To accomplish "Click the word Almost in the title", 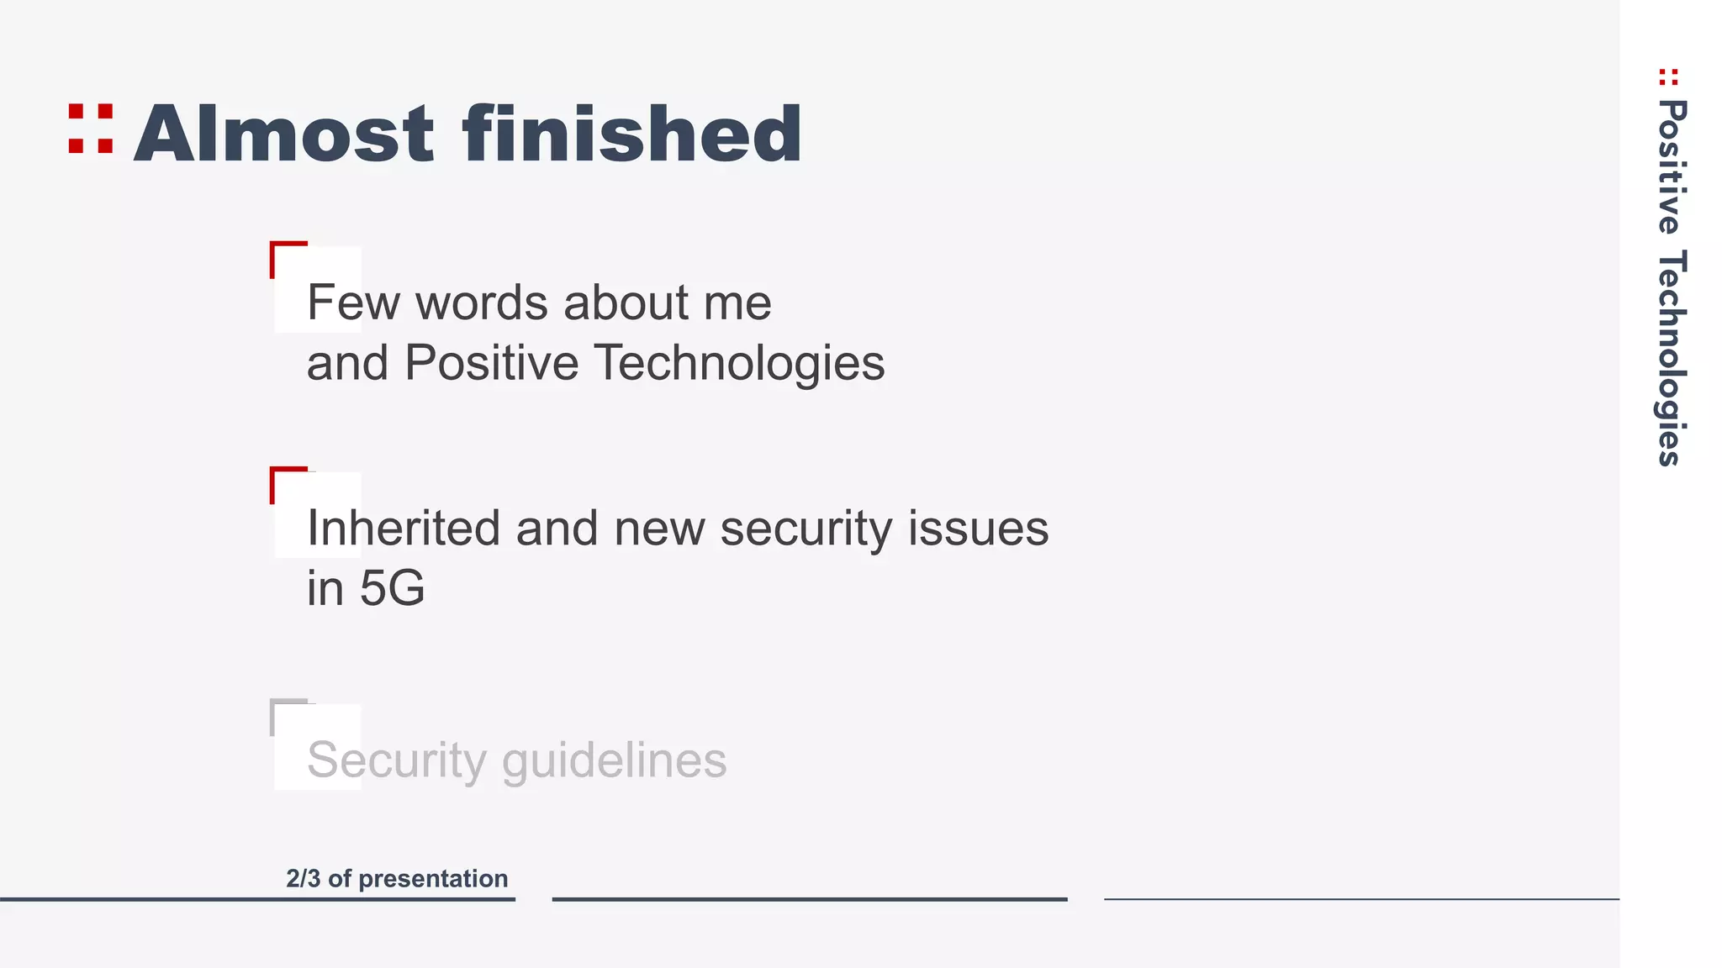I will pyautogui.click(x=284, y=134).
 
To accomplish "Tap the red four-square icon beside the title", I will pyautogui.click(x=91, y=129).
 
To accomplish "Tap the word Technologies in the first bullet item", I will pyautogui.click(x=739, y=363).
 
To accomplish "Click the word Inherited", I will pyautogui.click(x=404, y=529).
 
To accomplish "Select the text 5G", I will pyautogui.click(x=392, y=588).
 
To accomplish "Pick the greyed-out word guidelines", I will pyautogui.click(x=614, y=761).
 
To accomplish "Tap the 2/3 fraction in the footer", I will pyautogui.click(x=303, y=879).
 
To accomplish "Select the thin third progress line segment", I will pyautogui.click(x=1360, y=899).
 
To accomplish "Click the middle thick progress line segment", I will pyautogui.click(x=809, y=899).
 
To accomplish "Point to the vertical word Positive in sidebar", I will pyautogui.click(x=1672, y=167).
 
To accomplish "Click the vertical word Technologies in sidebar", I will pyautogui.click(x=1672, y=358).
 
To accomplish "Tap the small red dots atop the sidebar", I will pyautogui.click(x=1668, y=77).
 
